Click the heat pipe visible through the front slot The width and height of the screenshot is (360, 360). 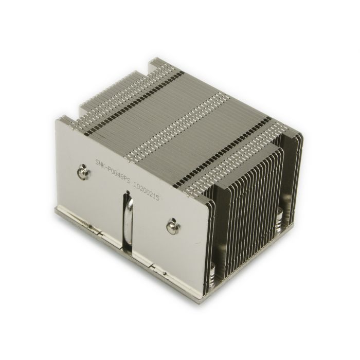point(126,221)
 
